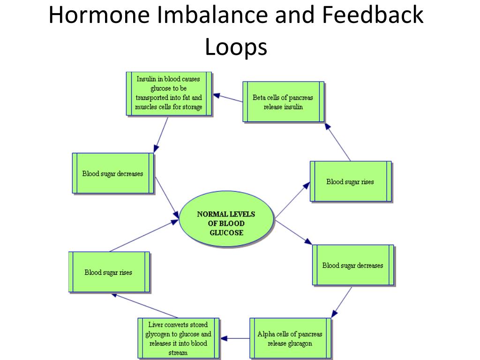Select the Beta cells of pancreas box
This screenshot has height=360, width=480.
(283, 102)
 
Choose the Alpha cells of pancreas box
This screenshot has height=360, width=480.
(290, 338)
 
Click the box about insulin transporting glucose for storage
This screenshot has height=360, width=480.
(169, 93)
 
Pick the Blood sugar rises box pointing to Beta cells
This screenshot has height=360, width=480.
(350, 181)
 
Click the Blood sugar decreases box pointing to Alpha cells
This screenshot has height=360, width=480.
(352, 265)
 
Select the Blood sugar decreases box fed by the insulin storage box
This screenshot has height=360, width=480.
(112, 173)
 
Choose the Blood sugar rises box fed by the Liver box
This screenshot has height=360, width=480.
(108, 272)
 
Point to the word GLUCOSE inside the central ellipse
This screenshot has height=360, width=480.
(226, 232)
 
